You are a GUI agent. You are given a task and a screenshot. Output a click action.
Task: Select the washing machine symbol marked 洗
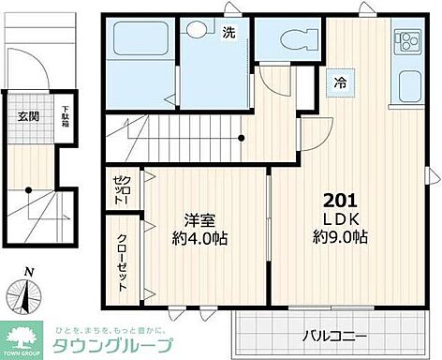(228, 34)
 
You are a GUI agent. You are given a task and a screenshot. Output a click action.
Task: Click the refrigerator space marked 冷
(339, 82)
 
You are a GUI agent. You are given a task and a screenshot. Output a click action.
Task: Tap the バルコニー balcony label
(333, 336)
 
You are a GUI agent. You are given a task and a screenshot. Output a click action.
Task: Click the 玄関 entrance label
(27, 116)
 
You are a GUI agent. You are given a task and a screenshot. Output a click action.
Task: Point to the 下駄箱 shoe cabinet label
(64, 116)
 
